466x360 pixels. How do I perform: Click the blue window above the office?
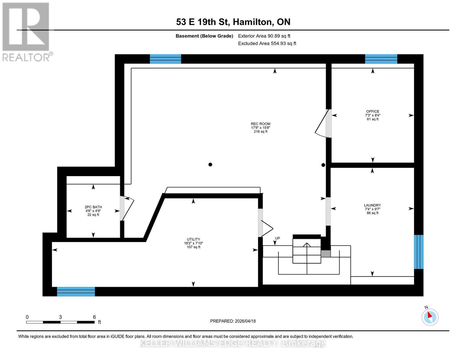[x=381, y=59]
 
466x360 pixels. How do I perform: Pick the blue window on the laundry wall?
[x=419, y=252]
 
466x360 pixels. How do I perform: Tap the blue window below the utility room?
[x=76, y=292]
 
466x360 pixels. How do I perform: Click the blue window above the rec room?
[x=165, y=59]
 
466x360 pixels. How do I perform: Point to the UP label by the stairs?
[x=278, y=238]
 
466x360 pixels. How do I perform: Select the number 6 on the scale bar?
[x=94, y=317]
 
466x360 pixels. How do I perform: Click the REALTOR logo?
[x=26, y=31]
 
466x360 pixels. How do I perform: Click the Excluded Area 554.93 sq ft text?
[x=267, y=43]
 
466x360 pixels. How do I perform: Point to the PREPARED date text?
[x=233, y=321]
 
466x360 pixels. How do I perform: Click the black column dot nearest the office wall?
[x=323, y=165]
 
